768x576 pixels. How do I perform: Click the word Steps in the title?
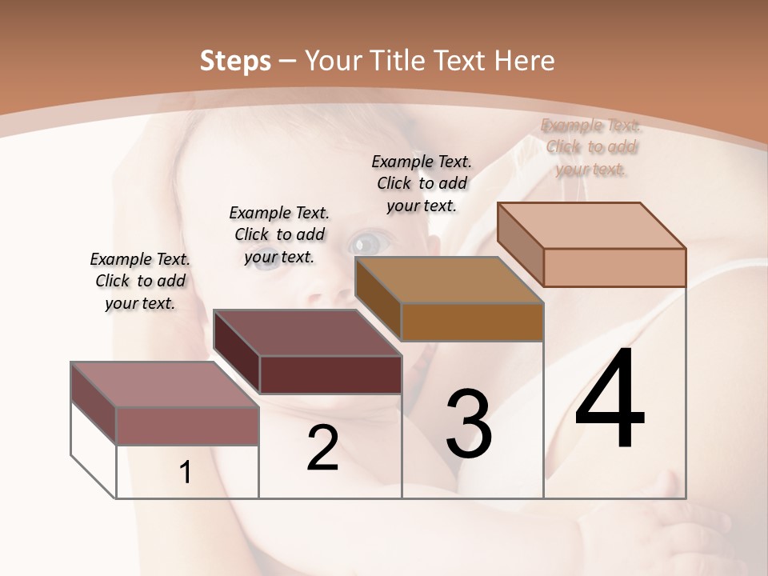[x=235, y=61]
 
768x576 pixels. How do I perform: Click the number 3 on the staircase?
[x=469, y=424]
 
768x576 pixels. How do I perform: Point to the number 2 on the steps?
[x=323, y=448]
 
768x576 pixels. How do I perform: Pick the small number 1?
[x=186, y=473]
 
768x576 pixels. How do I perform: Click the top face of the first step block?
[x=165, y=385]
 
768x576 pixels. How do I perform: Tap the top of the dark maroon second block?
[x=307, y=333]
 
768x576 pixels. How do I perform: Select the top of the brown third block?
[x=449, y=280]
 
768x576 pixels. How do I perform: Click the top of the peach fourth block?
[x=591, y=226]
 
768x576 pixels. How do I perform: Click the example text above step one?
[x=140, y=281]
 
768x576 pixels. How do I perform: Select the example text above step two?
[x=279, y=234]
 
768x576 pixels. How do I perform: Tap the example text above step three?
[x=422, y=183]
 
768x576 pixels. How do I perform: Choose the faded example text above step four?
[x=590, y=147]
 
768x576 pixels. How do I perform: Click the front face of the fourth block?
[x=614, y=267]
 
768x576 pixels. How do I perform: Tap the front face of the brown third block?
[x=472, y=322]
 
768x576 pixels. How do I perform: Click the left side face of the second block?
[x=237, y=352]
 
